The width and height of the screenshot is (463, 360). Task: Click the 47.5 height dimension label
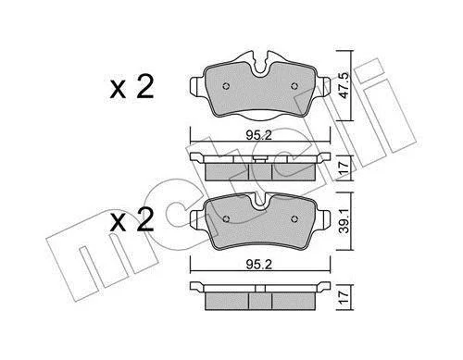pos(344,85)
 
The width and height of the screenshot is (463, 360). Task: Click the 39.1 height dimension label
pos(344,220)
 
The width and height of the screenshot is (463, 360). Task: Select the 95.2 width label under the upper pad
pos(259,135)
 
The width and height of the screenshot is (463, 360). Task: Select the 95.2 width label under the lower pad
pos(259,265)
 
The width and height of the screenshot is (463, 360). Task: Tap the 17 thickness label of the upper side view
pos(344,168)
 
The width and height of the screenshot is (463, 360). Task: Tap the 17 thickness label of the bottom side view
pos(344,297)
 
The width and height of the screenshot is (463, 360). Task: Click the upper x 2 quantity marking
pos(131,87)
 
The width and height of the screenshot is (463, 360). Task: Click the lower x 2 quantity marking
pos(131,220)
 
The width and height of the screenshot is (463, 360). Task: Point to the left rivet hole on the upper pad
pos(226,86)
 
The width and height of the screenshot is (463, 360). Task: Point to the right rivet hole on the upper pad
pos(294,86)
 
